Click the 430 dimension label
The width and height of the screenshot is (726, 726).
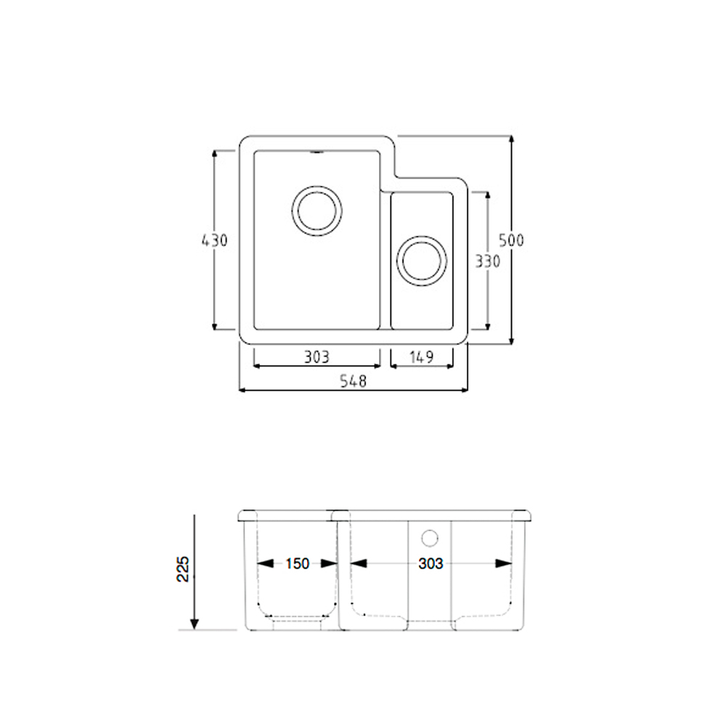216,240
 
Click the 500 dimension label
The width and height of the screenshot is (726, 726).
511,240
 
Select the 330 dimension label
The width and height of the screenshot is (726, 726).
487,262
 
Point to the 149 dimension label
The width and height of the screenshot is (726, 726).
422,356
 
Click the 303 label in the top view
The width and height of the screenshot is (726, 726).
317,356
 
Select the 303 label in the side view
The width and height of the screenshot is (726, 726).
431,563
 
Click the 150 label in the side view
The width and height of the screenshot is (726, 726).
297,563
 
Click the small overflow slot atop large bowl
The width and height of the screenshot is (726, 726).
317,152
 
